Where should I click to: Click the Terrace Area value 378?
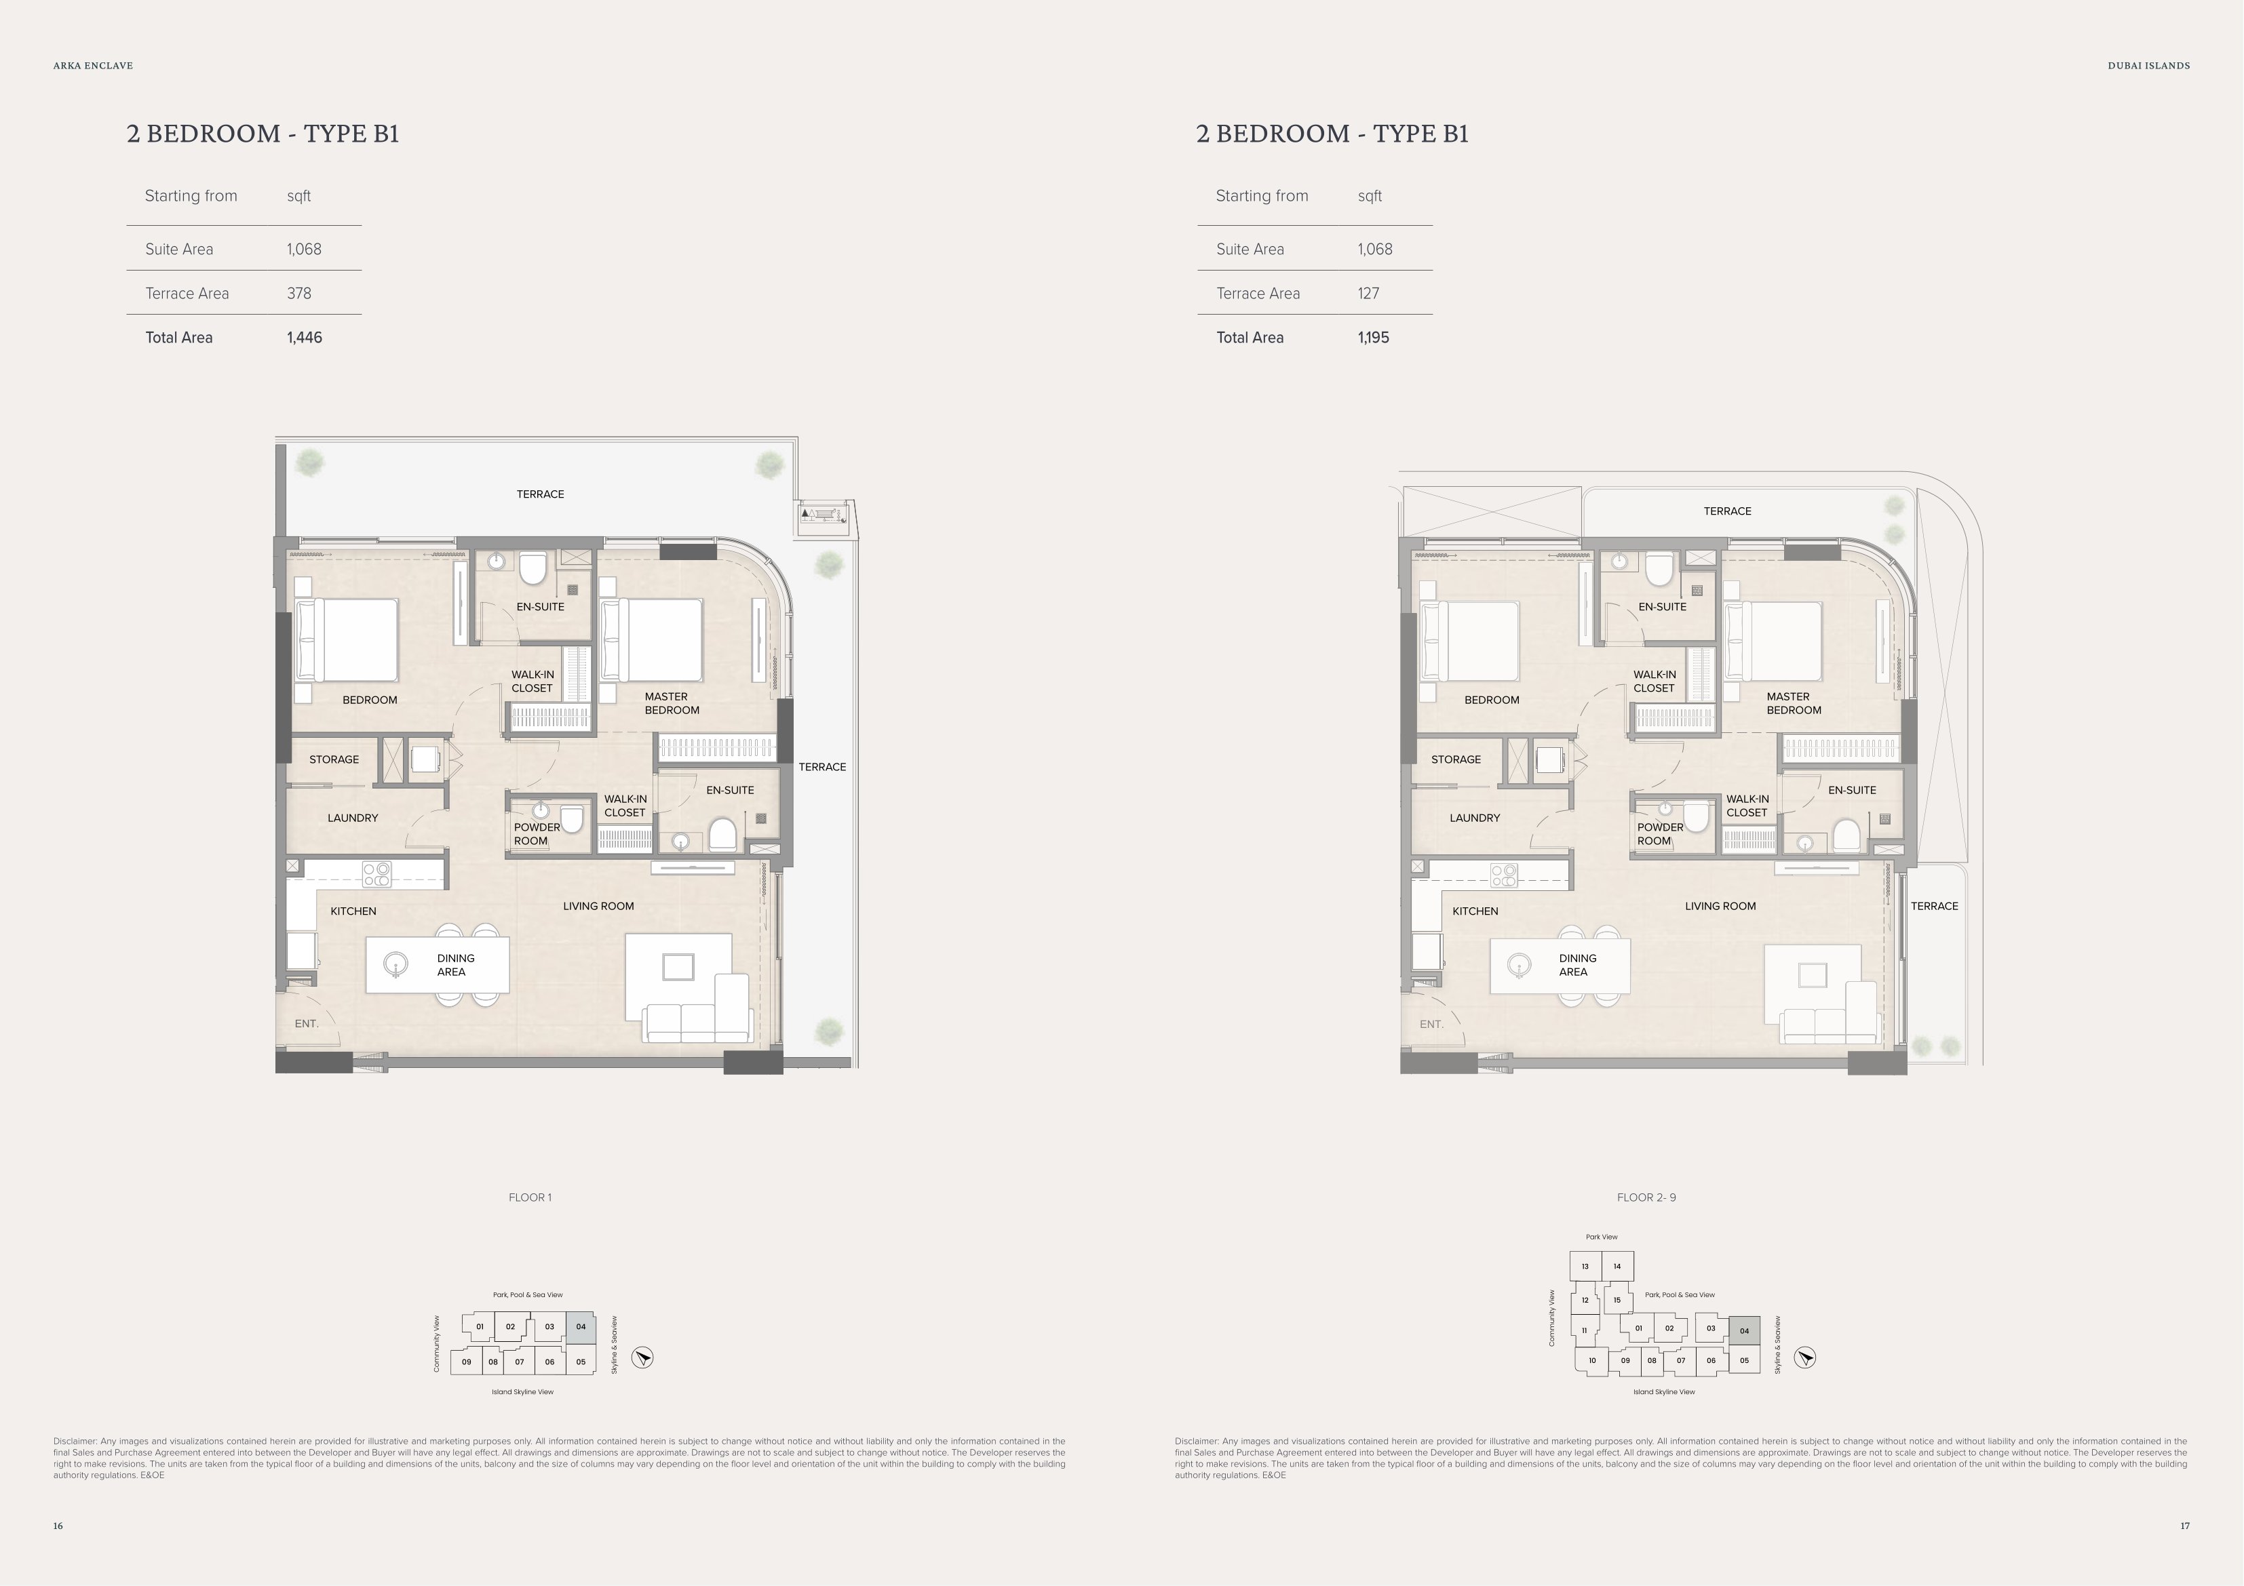point(299,293)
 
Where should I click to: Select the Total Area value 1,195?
point(1373,337)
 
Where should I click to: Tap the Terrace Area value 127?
point(1368,293)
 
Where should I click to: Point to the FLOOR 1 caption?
point(530,1197)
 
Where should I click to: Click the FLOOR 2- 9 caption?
point(1647,1197)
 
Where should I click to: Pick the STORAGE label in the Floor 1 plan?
point(334,759)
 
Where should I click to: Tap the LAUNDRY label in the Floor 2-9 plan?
point(1475,818)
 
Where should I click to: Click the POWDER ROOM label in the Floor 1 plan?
point(537,833)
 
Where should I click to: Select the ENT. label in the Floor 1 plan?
point(307,1024)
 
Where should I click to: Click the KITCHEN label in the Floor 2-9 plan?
point(1475,911)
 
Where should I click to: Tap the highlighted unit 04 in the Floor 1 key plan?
point(581,1327)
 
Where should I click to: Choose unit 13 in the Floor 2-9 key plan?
point(1585,1267)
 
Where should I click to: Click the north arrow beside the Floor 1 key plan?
point(642,1357)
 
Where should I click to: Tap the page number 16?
point(58,1526)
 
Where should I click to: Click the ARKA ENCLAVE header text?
point(93,66)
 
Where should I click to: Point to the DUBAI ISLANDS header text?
point(2149,66)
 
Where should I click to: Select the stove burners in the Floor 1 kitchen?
point(376,873)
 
